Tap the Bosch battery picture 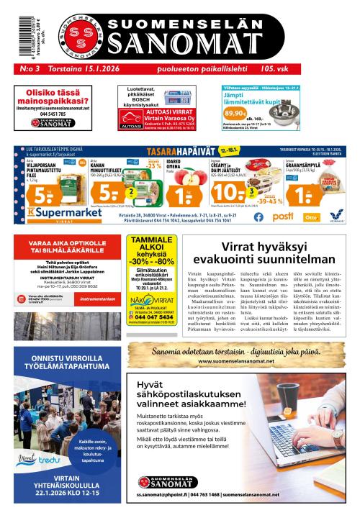coord(177,99)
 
